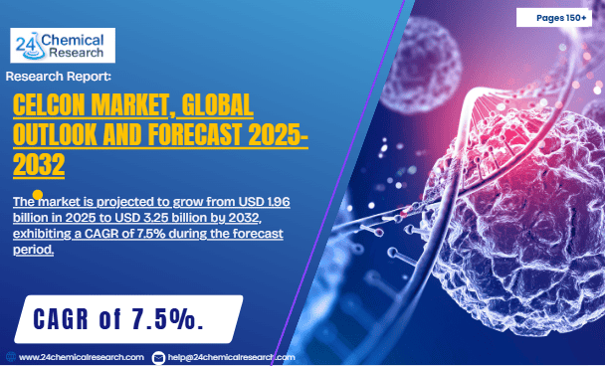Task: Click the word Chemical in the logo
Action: pyautogui.click(x=73, y=38)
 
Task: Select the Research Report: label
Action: pyautogui.click(x=59, y=76)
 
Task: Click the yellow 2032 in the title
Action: pyautogui.click(x=41, y=161)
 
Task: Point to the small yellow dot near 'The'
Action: pyautogui.click(x=38, y=195)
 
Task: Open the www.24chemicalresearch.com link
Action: pyautogui.click(x=82, y=356)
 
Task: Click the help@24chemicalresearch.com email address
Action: pyautogui.click(x=231, y=356)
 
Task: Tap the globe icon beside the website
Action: pyautogui.click(x=10, y=356)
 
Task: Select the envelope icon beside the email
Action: pyautogui.click(x=159, y=356)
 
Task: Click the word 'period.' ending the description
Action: pyautogui.click(x=33, y=250)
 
